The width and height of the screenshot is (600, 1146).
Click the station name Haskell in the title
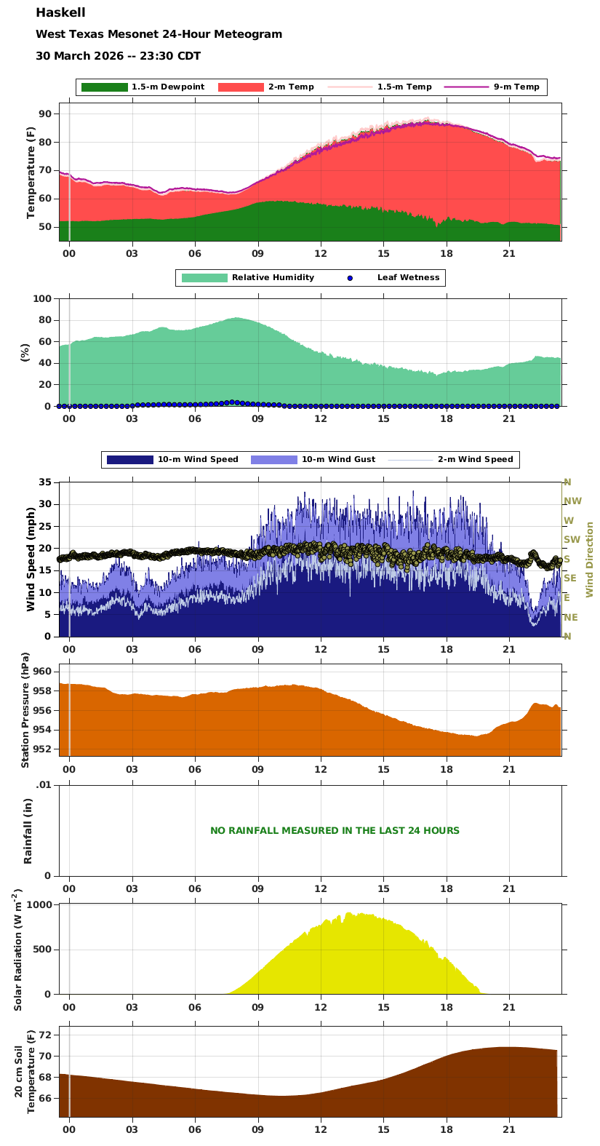60,13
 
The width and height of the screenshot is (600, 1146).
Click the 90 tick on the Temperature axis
45,114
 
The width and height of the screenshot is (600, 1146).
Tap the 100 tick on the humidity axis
42,299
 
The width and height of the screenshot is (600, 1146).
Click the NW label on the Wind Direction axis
572,501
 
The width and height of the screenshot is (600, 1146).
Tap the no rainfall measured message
335,831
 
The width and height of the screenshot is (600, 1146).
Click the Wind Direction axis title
590,560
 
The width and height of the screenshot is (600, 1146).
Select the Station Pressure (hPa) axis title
26,709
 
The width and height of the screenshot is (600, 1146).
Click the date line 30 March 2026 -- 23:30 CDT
118,56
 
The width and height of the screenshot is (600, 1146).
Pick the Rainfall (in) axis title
28,830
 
